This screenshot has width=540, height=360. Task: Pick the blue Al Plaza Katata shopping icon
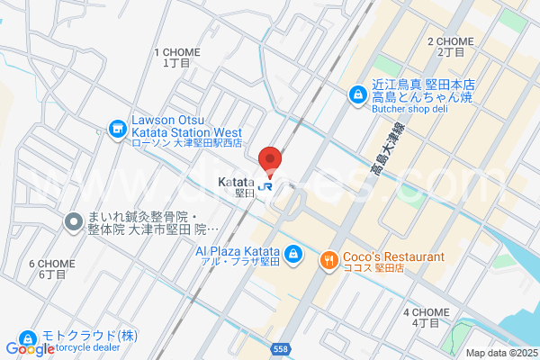[x=292, y=257]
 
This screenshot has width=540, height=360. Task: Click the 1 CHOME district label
[x=176, y=53]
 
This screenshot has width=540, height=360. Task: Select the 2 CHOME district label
[x=450, y=42]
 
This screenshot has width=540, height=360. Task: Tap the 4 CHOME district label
[x=426, y=312]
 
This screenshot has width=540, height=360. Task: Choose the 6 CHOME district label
[x=52, y=264]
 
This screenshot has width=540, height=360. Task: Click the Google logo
[x=31, y=348]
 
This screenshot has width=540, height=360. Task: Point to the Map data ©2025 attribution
[x=499, y=352]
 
